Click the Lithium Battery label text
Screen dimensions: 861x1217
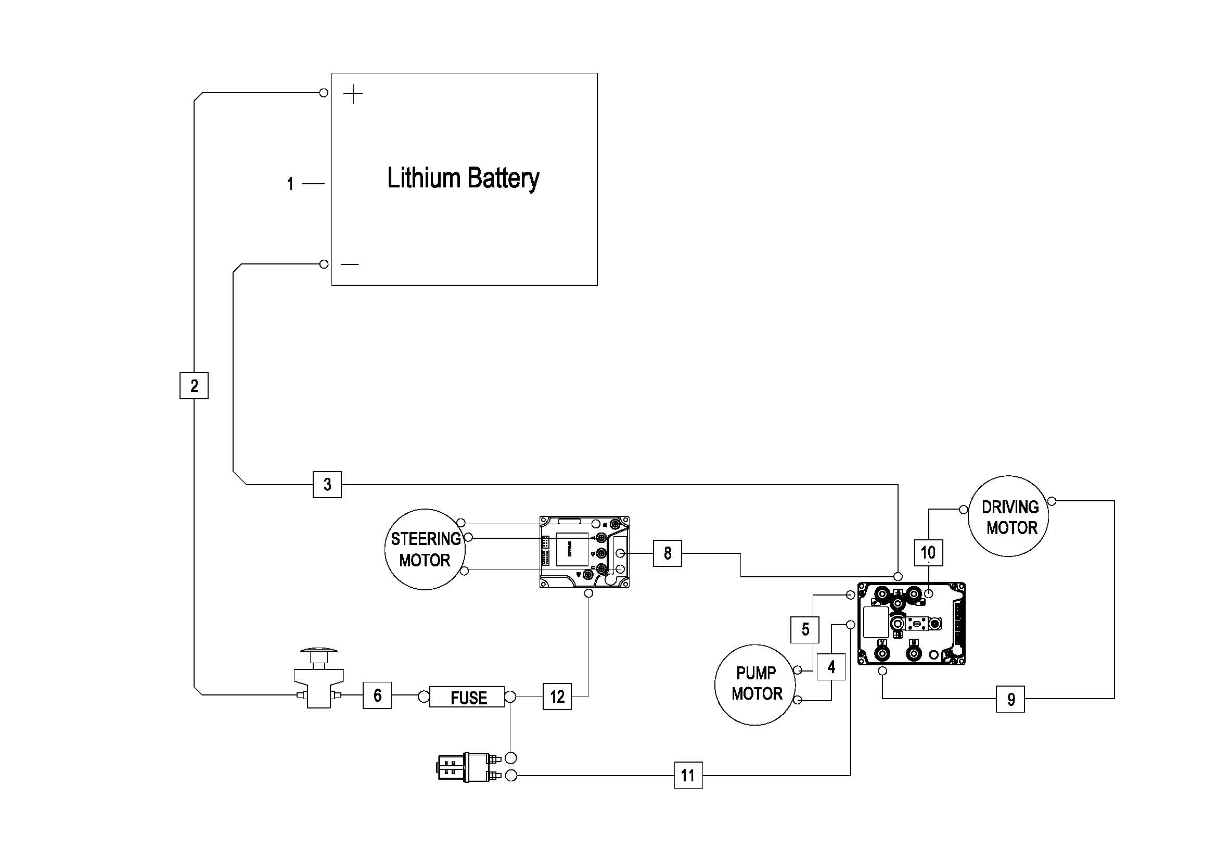[x=463, y=178]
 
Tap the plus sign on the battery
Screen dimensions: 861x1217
[x=353, y=95]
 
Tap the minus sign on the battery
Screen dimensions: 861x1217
[x=350, y=264]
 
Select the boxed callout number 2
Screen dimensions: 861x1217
[x=194, y=385]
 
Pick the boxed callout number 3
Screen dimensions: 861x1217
[x=327, y=484]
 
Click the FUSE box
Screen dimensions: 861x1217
[x=467, y=697]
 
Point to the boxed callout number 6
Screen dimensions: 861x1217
[x=377, y=695]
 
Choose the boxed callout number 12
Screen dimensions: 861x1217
[x=557, y=696]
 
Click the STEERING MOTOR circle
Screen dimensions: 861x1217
[x=425, y=549]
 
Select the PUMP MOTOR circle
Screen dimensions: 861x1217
[x=756, y=684]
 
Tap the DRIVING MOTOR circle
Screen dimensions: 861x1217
[x=1009, y=516]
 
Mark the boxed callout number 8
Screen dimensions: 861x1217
[x=668, y=553]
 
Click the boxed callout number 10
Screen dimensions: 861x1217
[x=928, y=553]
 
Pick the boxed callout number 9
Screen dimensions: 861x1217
[x=1010, y=699]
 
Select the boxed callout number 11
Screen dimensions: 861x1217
[x=688, y=776]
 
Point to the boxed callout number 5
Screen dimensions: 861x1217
[x=805, y=629]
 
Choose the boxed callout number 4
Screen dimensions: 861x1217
[x=830, y=667]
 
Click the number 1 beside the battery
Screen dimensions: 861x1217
[x=290, y=184]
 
